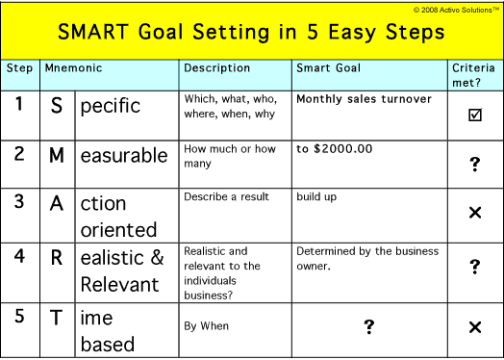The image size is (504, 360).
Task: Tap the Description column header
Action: [x=216, y=68]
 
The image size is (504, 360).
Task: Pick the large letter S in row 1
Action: [x=56, y=105]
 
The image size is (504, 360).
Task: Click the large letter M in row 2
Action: [x=56, y=156]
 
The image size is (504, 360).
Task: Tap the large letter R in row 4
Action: [x=56, y=258]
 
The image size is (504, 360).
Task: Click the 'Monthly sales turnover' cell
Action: [x=364, y=99]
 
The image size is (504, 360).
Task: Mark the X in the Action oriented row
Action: [x=474, y=212]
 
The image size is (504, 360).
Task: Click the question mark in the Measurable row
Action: [x=474, y=166]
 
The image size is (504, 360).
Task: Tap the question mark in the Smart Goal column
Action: [x=368, y=327]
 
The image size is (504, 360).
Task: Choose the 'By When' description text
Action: [x=207, y=326]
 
